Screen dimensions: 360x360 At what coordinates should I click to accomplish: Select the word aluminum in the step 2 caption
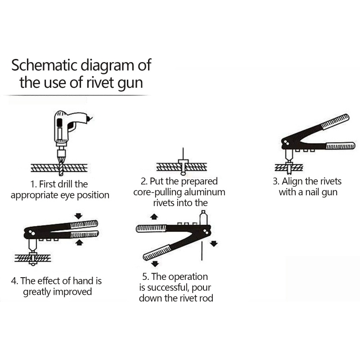pyautogui.click(x=204, y=192)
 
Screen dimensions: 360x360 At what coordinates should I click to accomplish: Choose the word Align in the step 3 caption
pyautogui.click(x=294, y=181)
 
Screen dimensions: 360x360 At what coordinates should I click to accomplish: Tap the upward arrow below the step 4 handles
pyautogui.click(x=80, y=243)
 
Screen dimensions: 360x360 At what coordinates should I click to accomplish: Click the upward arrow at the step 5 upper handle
pyautogui.click(x=154, y=217)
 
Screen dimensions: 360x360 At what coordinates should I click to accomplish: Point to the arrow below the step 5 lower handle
pyautogui.click(x=155, y=264)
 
